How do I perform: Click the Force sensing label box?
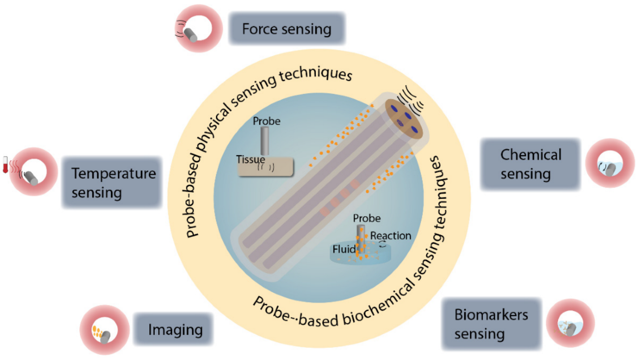(x=287, y=29)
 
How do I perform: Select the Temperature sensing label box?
(x=111, y=182)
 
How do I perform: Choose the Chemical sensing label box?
(x=530, y=164)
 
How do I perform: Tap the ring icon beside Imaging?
(x=100, y=330)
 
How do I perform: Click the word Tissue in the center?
(x=251, y=159)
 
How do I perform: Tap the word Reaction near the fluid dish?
(x=390, y=235)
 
